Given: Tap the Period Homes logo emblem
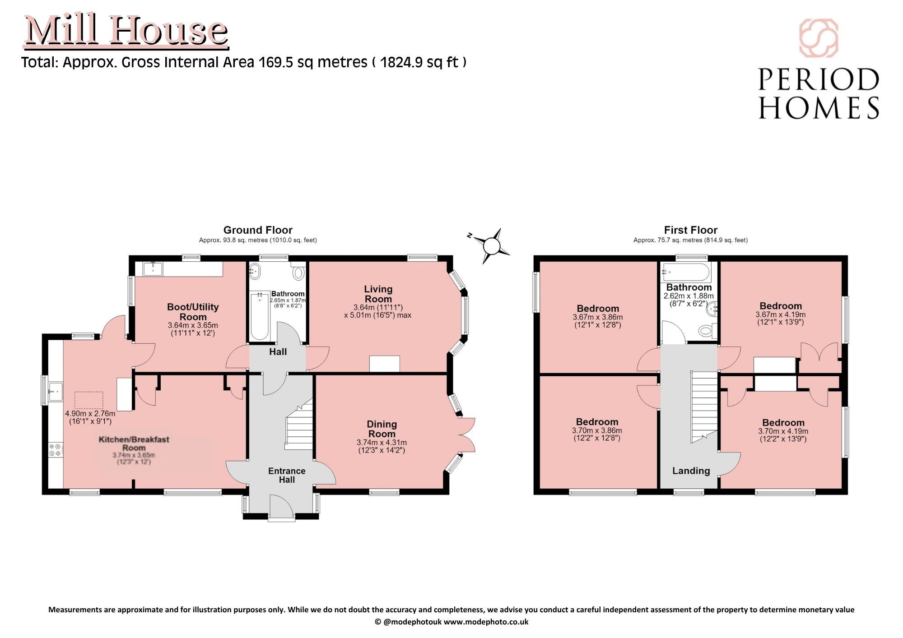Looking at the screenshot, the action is pos(818,38).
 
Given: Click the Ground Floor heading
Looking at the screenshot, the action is pos(258,230).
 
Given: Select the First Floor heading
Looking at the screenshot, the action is pos(690,230).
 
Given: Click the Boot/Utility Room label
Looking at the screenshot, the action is pos(193,312).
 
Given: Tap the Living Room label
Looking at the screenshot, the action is pos(378,294).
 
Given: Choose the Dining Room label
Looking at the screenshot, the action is pos(382,429).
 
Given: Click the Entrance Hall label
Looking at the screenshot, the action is pos(287,475).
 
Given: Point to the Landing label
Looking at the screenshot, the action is pos(691,471).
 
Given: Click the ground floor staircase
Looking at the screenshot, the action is pos(299,424).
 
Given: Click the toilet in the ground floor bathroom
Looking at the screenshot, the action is pos(298,272).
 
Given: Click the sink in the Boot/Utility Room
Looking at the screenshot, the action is pos(153,269).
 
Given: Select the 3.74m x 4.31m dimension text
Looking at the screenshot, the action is pos(382,443).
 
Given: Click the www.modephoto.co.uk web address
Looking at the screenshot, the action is pos(486,622).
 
